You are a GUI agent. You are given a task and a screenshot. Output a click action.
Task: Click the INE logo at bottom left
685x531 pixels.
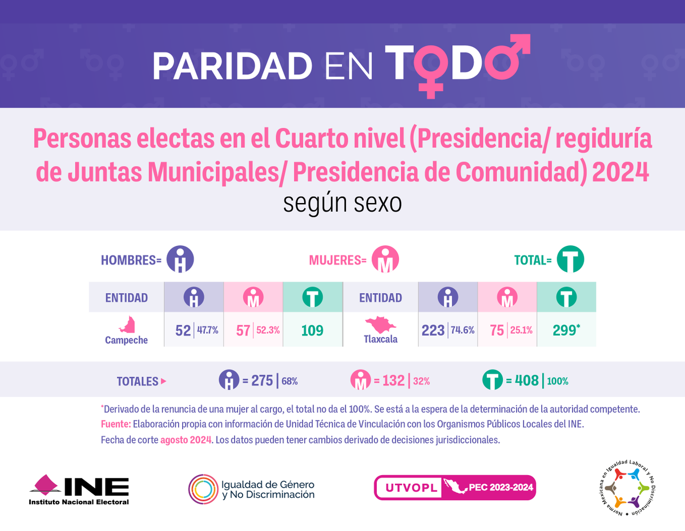(x=79, y=488)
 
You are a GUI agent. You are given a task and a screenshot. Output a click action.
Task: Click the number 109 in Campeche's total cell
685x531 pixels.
(x=312, y=330)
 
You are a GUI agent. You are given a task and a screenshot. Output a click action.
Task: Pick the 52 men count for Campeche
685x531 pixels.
(x=183, y=330)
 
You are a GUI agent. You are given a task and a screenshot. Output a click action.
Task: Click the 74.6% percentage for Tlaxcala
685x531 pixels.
(x=464, y=330)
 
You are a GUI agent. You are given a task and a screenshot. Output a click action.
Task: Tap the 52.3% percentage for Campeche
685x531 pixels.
(x=267, y=330)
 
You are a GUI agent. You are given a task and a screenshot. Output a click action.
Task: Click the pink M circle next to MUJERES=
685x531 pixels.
(x=385, y=260)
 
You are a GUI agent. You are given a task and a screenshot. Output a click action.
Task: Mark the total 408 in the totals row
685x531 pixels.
(x=527, y=380)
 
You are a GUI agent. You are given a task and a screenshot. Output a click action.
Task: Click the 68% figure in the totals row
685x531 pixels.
(x=289, y=381)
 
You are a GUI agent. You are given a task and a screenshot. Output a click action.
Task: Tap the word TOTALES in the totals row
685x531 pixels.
(x=138, y=381)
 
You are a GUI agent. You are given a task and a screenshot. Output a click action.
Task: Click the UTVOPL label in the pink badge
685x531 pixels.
(x=407, y=488)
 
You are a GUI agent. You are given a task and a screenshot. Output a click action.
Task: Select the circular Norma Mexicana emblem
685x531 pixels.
(x=627, y=488)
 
